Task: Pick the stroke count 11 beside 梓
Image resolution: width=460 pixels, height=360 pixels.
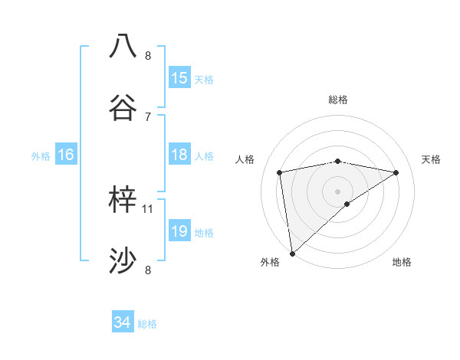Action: (x=148, y=208)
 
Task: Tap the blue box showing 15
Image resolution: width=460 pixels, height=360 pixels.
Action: (x=179, y=78)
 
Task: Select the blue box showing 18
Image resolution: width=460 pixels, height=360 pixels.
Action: (x=179, y=155)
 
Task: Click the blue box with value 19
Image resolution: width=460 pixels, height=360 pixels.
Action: (x=179, y=231)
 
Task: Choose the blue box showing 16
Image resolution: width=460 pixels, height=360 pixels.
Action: (x=66, y=155)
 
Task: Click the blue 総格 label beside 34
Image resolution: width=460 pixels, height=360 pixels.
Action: (x=147, y=324)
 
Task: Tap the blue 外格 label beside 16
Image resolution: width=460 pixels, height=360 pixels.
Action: (x=41, y=155)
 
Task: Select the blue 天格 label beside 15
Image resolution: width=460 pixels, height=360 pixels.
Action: (x=204, y=79)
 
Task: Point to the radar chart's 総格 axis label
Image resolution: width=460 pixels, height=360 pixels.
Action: (x=338, y=100)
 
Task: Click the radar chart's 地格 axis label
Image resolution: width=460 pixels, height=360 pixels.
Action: (x=402, y=262)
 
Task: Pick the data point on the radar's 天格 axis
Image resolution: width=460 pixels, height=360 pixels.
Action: (x=396, y=172)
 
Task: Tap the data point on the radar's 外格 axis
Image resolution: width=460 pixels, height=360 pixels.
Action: (x=291, y=254)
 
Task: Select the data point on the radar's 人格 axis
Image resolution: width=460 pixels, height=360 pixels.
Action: (x=280, y=172)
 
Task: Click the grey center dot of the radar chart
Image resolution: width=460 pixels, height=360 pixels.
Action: (x=338, y=191)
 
